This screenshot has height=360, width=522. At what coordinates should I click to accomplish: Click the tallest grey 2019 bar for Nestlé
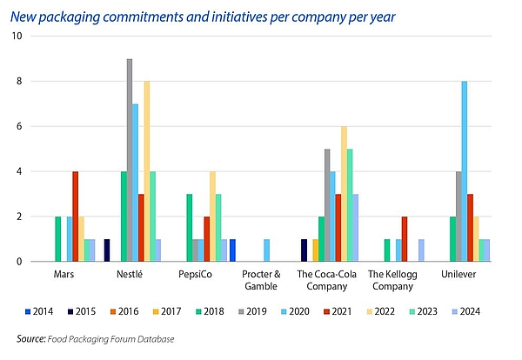(130, 160)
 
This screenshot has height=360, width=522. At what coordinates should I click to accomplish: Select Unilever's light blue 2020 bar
(465, 171)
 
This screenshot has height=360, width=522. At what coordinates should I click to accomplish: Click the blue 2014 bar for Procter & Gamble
(232, 250)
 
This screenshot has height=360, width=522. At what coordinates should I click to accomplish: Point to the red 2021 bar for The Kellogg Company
(405, 239)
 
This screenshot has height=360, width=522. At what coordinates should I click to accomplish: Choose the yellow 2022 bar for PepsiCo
(212, 217)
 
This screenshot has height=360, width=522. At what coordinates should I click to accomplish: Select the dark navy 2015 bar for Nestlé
(107, 250)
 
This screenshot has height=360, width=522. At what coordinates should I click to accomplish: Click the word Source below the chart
(32, 337)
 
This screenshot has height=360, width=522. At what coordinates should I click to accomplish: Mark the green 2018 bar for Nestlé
(123, 217)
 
